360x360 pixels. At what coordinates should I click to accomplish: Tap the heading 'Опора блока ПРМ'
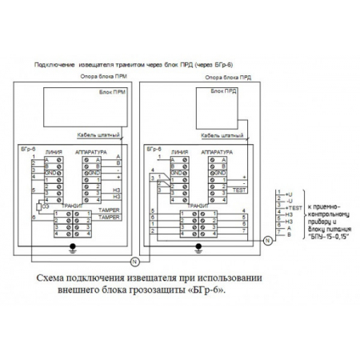[x=95, y=78]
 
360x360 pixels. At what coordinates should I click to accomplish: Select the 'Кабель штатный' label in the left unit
[x=99, y=136]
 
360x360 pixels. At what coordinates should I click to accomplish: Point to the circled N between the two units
[x=134, y=262]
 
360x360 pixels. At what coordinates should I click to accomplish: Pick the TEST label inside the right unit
[x=238, y=191]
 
